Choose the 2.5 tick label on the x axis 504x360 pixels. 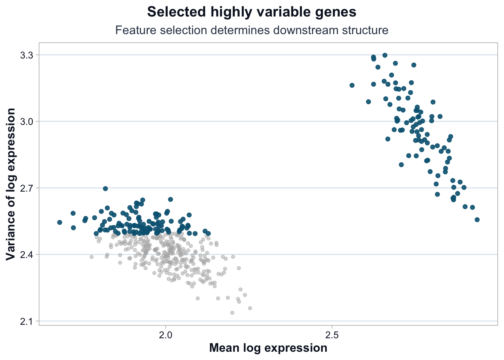(x=332, y=335)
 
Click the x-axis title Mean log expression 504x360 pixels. (x=268, y=348)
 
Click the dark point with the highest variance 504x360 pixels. (x=385, y=55)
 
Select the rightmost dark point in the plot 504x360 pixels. (x=477, y=220)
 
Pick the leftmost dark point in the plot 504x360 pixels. (x=60, y=222)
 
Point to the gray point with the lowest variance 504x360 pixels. (x=232, y=313)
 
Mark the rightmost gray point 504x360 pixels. (x=250, y=308)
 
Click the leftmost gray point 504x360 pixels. (x=91, y=257)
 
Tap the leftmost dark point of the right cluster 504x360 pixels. (x=352, y=85)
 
